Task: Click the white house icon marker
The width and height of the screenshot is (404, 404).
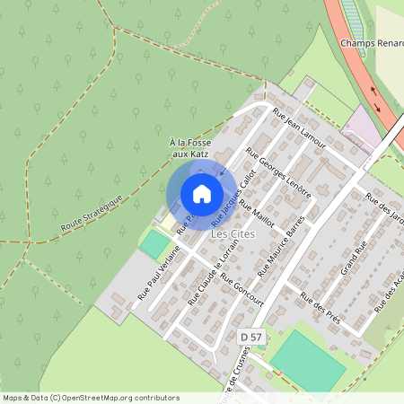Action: [202, 194]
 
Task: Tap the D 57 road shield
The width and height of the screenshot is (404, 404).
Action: [252, 336]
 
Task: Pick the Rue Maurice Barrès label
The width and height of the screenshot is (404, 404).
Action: [281, 244]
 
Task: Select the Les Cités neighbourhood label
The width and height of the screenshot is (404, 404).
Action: [233, 234]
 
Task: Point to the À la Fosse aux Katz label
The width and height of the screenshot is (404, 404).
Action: [189, 148]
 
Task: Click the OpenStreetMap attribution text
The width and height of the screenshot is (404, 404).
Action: [90, 397]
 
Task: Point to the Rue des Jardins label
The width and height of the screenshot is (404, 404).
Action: [384, 214]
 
